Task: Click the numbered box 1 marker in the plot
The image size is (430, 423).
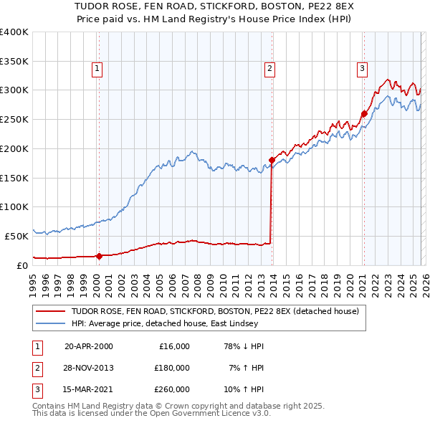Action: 96,69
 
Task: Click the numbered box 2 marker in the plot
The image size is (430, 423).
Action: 269,69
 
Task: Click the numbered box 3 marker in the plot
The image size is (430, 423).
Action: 362,69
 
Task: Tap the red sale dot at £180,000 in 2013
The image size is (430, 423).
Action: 272,160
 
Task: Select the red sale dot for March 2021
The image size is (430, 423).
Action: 364,113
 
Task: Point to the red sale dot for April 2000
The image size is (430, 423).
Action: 99,255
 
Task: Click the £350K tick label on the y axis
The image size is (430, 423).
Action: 14,61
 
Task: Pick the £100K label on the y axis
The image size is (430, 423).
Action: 14,206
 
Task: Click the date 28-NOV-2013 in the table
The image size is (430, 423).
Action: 89,368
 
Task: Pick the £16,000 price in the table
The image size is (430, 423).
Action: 174,346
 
